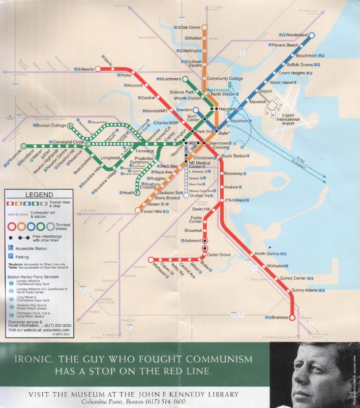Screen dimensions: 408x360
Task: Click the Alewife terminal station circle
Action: click(97, 69)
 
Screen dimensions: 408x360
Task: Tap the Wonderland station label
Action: click(297, 35)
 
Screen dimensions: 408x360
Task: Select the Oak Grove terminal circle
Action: click(204, 28)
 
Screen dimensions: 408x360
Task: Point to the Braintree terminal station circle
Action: click(292, 317)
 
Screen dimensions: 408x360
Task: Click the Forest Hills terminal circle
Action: click(138, 211)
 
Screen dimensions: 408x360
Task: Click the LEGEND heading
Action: click(39, 195)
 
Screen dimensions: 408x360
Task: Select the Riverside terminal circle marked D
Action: click(23, 146)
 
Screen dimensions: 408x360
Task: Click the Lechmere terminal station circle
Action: click(185, 79)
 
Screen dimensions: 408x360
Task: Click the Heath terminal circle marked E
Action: click(137, 193)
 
